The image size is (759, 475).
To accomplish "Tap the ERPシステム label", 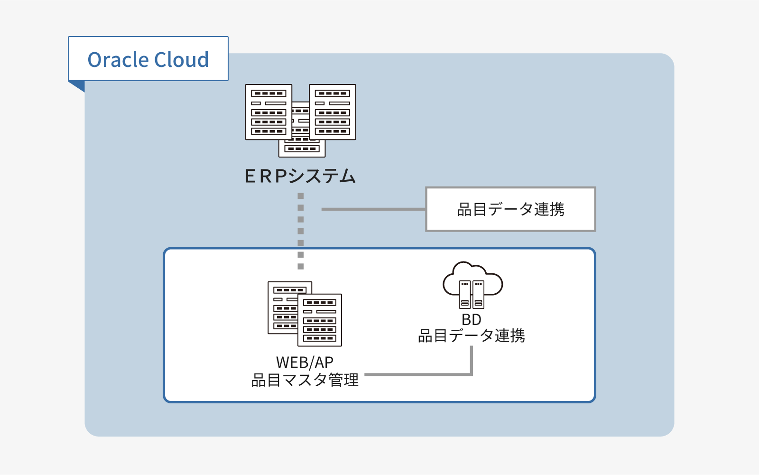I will (x=300, y=176).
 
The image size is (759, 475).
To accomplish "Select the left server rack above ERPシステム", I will (x=268, y=112).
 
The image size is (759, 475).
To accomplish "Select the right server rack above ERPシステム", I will (x=333, y=112).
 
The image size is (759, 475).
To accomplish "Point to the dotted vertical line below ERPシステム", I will (x=300, y=231).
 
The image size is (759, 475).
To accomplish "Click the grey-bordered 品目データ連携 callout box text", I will (x=510, y=209).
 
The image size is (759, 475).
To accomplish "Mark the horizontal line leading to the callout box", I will (x=373, y=209).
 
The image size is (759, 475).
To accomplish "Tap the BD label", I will (x=472, y=320).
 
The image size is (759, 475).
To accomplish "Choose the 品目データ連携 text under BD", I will (x=472, y=336).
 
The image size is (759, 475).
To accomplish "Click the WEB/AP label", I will (x=305, y=363).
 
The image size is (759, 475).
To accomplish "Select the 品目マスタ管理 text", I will (x=305, y=380).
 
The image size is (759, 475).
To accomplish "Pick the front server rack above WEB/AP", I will (x=320, y=320).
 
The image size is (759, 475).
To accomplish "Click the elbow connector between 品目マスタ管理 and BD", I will (x=472, y=374).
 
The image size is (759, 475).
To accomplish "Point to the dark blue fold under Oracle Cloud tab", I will (x=78, y=85).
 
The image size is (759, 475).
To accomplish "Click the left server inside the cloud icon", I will (x=465, y=295).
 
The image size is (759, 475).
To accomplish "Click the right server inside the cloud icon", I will (x=478, y=295).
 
